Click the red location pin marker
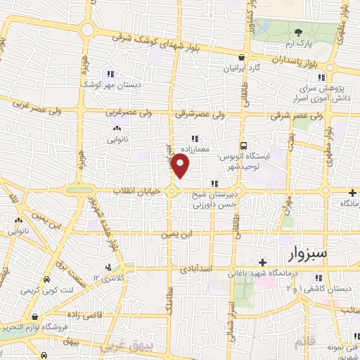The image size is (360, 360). point(181,166)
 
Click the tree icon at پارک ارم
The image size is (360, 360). point(298,32)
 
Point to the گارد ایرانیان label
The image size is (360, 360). point(242,69)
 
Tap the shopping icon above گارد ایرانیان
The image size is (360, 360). point(241,58)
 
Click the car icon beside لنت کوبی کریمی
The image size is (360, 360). point(46,278)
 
